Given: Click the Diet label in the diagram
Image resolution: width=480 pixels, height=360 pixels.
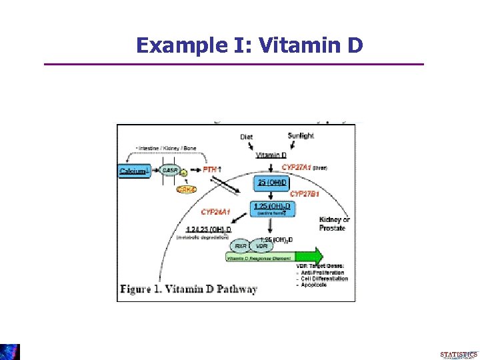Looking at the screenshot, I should click(x=247, y=137).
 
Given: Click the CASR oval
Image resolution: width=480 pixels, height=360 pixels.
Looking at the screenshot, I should click(x=169, y=171).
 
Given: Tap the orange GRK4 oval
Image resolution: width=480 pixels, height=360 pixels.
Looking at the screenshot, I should click(x=187, y=190).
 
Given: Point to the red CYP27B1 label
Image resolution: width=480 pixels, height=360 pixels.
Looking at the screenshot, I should click(x=304, y=194).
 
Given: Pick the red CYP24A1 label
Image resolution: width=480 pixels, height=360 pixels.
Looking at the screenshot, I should click(x=216, y=212).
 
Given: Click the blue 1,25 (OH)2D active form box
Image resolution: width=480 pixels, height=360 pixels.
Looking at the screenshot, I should click(x=272, y=209).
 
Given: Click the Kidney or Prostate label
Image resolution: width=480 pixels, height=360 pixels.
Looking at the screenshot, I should click(x=335, y=223).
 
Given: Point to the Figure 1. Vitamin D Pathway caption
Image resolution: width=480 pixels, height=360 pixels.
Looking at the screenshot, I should click(x=189, y=289).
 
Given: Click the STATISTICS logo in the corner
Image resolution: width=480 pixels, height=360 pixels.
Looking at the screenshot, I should click(x=459, y=354).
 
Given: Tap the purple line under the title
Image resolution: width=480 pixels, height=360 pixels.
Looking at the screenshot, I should click(x=233, y=64).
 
